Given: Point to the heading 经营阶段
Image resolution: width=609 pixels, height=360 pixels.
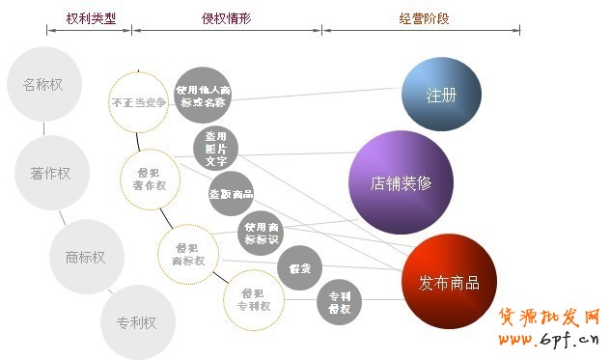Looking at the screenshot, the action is pos(423,17).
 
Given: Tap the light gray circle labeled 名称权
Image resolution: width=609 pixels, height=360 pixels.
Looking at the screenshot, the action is pos(42,83).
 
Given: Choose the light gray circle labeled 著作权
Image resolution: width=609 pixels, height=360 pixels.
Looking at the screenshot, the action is pos(44,174).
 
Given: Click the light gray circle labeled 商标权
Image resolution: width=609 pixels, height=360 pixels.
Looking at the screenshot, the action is pos(85,258).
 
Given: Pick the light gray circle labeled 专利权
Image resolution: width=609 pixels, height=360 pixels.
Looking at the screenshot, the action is pos(136,322).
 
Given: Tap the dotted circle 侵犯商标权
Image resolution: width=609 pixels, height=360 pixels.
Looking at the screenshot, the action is pos(187,254).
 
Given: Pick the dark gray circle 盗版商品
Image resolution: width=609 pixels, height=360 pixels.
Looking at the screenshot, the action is pos(231,193).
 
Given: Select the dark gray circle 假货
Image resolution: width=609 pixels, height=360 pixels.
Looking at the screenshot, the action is pos(299,268).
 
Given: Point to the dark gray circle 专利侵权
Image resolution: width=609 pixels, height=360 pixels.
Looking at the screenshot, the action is pos(339,302).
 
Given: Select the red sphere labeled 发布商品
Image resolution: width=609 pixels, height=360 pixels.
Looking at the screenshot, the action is pos(448,282).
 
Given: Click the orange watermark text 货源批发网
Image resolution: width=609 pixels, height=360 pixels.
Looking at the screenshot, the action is pos(549,318).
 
